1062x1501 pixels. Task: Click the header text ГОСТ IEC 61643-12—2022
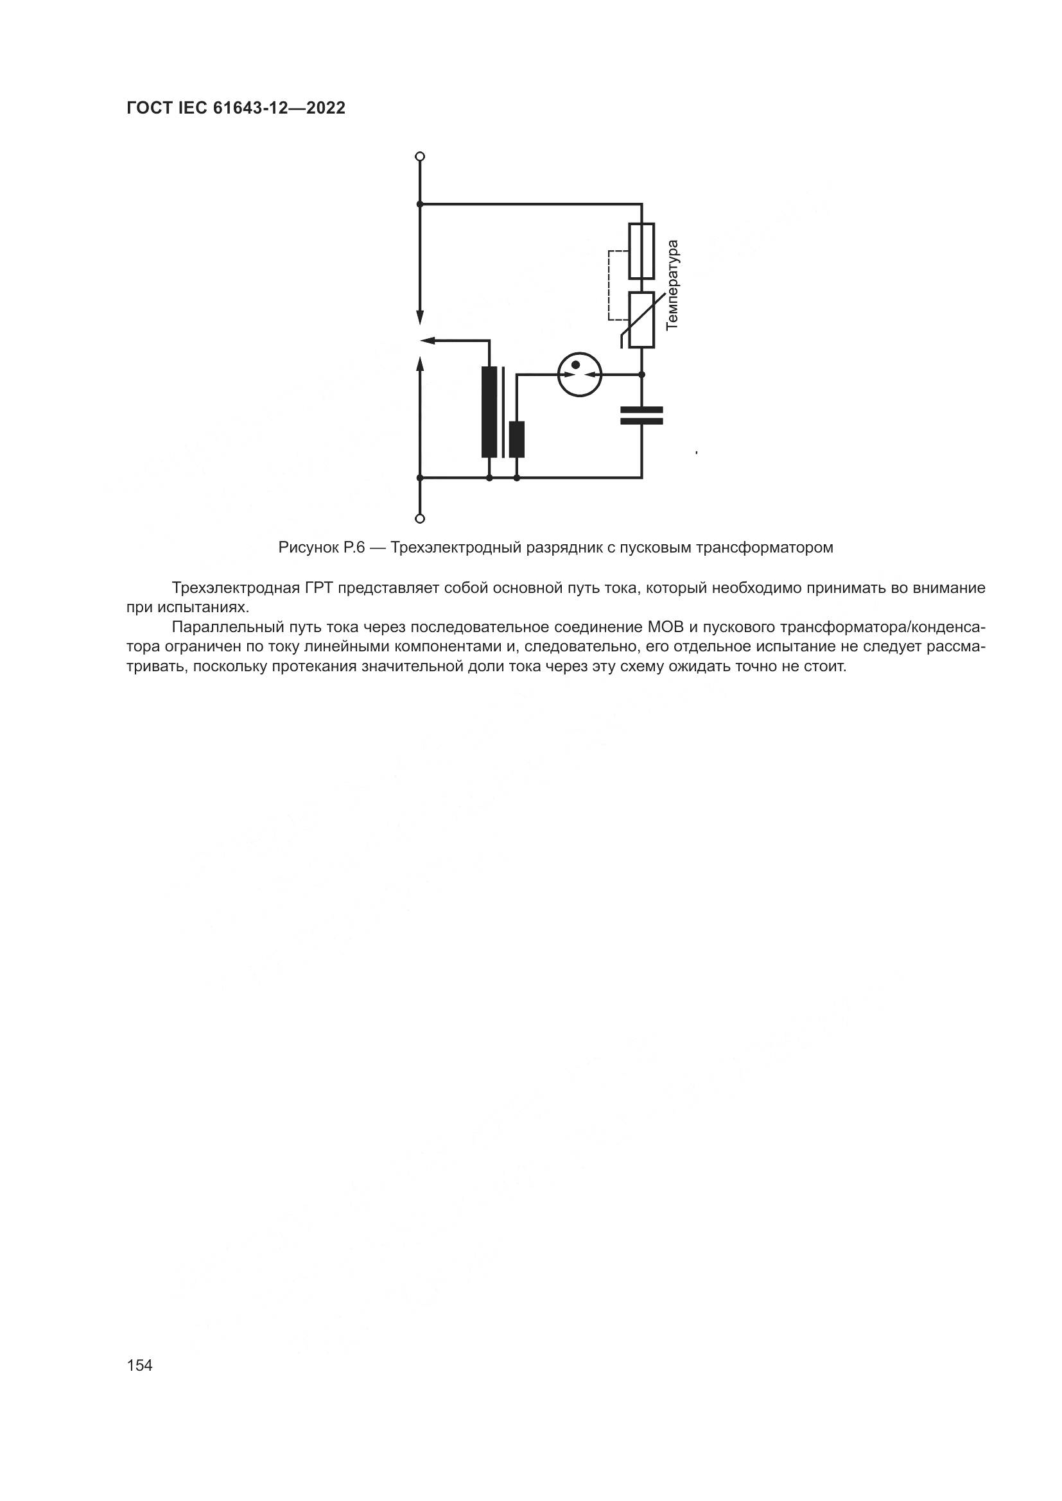click(236, 108)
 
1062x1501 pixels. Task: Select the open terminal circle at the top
click(420, 156)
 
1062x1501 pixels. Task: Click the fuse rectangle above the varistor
click(641, 251)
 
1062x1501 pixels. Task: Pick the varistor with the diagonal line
click(641, 320)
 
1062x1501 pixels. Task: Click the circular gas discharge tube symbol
click(579, 375)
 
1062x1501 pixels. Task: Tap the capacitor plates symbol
click(641, 415)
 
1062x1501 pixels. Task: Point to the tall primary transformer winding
click(489, 412)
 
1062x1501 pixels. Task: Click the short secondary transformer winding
click(517, 440)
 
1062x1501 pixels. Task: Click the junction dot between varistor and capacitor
click(641, 375)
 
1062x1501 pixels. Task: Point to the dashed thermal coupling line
click(609, 285)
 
